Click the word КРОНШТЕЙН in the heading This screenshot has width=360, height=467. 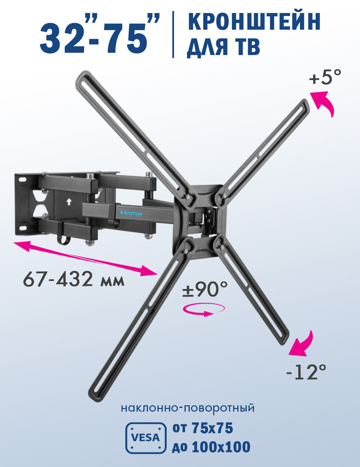coord(254,21)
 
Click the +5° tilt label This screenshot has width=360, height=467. coord(325,77)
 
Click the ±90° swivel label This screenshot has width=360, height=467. coord(205,289)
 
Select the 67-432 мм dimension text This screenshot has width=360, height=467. coord(74,280)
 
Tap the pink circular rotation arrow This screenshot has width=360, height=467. coord(203,310)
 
